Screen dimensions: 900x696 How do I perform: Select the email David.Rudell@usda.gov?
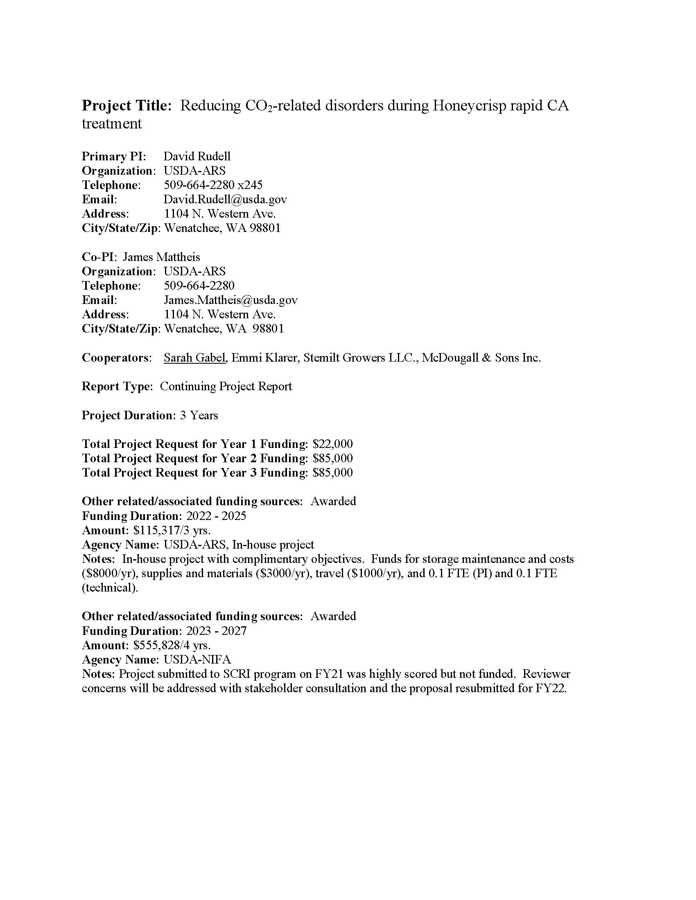pyautogui.click(x=225, y=200)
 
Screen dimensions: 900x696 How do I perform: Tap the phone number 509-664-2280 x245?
pyautogui.click(x=213, y=185)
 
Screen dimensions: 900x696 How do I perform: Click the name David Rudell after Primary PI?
pyautogui.click(x=197, y=156)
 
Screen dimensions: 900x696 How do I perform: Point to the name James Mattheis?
pyautogui.click(x=162, y=257)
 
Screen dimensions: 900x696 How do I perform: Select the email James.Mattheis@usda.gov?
pyautogui.click(x=230, y=300)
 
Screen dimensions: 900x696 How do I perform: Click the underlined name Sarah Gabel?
pyautogui.click(x=194, y=358)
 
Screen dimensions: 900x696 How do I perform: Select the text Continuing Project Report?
pyautogui.click(x=226, y=387)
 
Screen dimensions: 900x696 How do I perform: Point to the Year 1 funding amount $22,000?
pyautogui.click(x=333, y=444)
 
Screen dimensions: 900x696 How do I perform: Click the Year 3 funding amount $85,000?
pyautogui.click(x=333, y=473)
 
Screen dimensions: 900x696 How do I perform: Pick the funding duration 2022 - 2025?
pyautogui.click(x=216, y=516)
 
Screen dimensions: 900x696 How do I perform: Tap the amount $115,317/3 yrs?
pyautogui.click(x=172, y=530)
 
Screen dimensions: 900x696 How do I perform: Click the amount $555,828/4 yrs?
pyautogui.click(x=172, y=645)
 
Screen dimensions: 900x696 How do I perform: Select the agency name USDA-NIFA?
pyautogui.click(x=197, y=660)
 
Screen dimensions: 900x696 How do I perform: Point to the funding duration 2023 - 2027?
pyautogui.click(x=216, y=631)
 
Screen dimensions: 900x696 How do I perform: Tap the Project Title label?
pyautogui.click(x=127, y=106)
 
